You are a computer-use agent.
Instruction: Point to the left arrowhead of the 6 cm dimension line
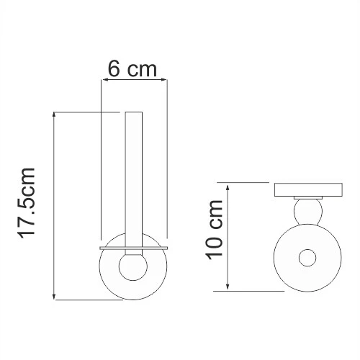tap(103, 82)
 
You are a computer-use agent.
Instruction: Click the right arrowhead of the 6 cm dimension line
tap(165, 82)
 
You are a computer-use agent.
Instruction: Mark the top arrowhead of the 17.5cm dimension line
tap(55, 114)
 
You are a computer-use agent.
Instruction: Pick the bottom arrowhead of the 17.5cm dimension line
tap(55, 297)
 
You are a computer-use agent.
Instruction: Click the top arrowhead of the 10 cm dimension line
tap(228, 185)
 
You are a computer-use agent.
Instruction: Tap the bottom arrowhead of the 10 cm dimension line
tap(228, 288)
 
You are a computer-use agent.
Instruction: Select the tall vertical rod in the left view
tap(134, 180)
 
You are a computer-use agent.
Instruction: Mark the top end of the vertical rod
tap(134, 114)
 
